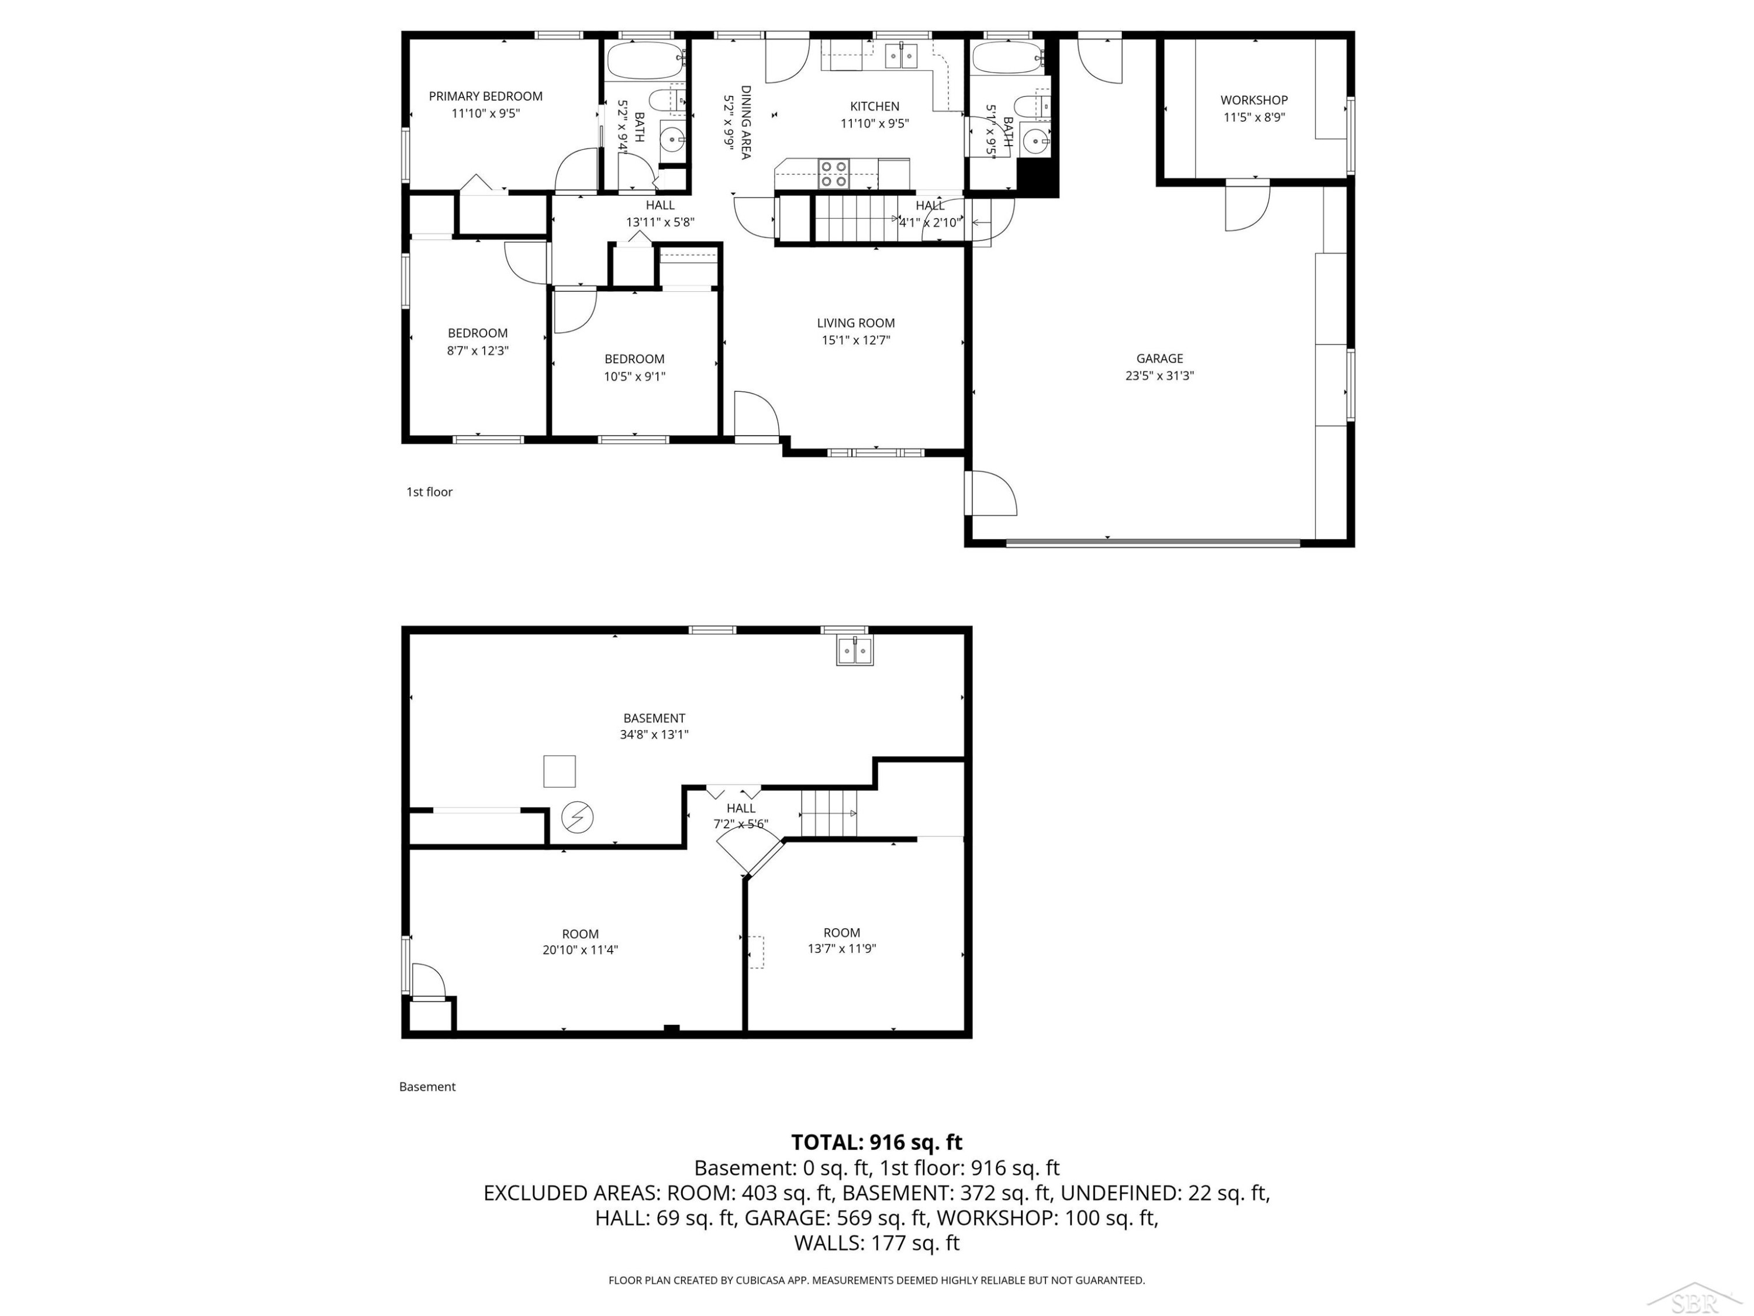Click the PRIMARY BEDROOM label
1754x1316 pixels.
485,96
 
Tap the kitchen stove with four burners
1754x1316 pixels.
834,174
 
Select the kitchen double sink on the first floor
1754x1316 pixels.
901,56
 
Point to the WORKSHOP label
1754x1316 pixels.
1254,100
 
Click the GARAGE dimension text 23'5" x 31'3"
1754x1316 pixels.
1159,376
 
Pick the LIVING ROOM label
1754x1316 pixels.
855,323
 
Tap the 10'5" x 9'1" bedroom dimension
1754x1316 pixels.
634,377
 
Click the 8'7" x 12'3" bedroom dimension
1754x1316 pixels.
477,350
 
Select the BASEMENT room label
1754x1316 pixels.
654,718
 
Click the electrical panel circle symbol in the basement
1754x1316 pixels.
577,817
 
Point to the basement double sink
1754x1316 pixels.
855,651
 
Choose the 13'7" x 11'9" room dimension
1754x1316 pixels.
841,949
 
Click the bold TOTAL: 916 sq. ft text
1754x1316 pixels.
876,1142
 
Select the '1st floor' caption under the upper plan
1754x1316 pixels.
429,492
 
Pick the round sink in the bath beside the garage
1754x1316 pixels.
1037,140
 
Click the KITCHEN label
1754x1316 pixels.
875,106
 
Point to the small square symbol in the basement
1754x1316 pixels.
559,771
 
